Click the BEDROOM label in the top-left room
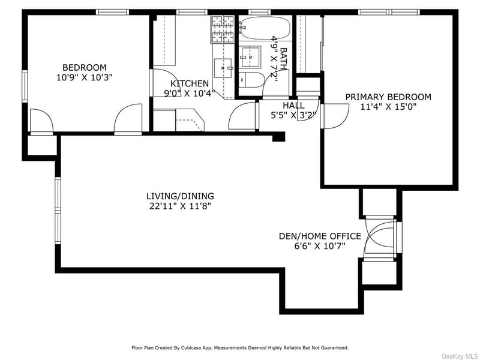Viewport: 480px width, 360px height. [85, 67]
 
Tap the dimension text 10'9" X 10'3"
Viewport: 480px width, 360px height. [85, 77]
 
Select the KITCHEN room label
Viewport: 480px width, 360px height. [190, 83]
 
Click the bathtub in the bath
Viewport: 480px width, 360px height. [265, 27]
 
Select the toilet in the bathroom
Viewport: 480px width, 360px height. [253, 79]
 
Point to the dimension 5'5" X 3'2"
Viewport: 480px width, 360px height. [293, 115]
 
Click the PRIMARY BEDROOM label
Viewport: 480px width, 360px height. [388, 97]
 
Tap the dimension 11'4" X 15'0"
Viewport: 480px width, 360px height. [388, 107]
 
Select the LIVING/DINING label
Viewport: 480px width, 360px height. [180, 196]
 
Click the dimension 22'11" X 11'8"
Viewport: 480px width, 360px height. [180, 206]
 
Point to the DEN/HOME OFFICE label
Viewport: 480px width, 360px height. [320, 236]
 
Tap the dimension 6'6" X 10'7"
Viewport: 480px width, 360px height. [320, 245]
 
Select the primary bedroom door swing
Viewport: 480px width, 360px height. [336, 115]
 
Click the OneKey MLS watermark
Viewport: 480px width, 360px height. [459, 356]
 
